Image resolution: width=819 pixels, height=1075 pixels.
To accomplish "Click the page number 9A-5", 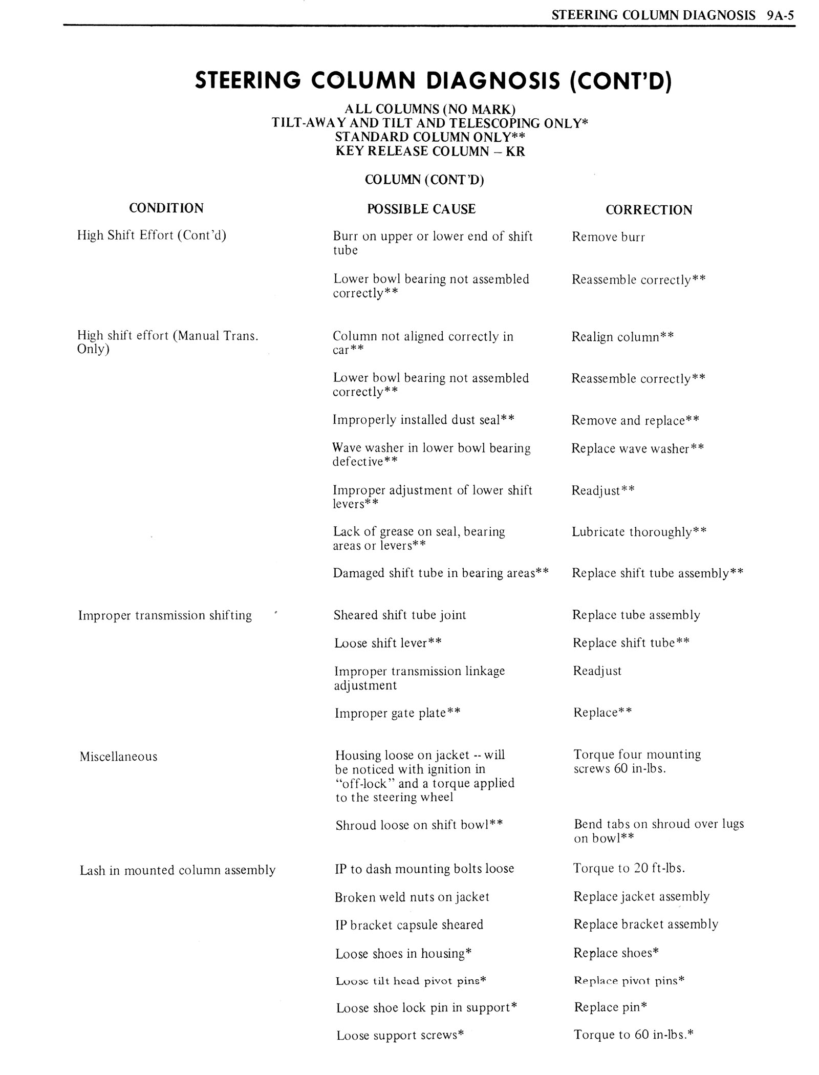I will coord(780,15).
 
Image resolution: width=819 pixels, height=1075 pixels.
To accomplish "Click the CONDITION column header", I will coord(166,208).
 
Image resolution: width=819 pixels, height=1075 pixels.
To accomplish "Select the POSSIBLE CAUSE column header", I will coord(421,209).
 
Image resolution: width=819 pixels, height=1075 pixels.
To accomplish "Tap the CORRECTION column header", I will coord(649,210).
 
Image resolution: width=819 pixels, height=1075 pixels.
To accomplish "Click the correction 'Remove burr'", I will coord(608,237).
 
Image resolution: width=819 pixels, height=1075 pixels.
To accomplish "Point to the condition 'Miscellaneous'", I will coord(118,757).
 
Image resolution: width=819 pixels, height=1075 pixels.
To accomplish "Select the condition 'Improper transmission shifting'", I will coord(165,615).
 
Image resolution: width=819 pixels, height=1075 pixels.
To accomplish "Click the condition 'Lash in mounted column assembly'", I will coord(178,870).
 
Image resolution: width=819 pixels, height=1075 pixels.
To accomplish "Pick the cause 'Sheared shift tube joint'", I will coord(400,615).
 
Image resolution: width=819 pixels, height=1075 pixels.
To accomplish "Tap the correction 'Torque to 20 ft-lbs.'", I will coord(629,868).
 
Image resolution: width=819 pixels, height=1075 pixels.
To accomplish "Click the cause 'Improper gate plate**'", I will coord(397,713).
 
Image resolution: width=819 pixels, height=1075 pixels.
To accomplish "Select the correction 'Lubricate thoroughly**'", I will coord(639,532).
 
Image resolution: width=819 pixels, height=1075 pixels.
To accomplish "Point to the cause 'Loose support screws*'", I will coord(400,1036).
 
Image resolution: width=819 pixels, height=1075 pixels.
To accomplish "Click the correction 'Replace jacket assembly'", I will coord(641,896).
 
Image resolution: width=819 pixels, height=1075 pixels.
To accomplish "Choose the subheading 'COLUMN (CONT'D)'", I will coord(424,180).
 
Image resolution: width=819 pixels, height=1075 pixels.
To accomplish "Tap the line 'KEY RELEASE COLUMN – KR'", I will coord(430,151).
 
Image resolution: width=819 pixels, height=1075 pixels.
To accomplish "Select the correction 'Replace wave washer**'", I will coord(637,448).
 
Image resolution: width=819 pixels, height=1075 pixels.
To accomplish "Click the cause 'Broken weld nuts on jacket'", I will coord(412,897).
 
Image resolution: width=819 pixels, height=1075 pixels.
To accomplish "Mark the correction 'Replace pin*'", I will coord(611,1007).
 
